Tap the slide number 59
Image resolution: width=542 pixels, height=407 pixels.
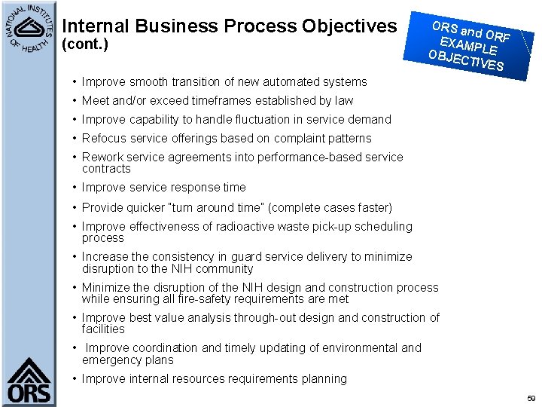pyautogui.click(x=531, y=397)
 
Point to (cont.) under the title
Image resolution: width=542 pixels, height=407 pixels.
pyautogui.click(x=84, y=44)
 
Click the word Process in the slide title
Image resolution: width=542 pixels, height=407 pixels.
pyautogui.click(x=260, y=26)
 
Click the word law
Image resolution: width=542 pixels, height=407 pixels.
pyautogui.click(x=343, y=101)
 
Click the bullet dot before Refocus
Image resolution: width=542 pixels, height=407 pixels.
pyautogui.click(x=75, y=139)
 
